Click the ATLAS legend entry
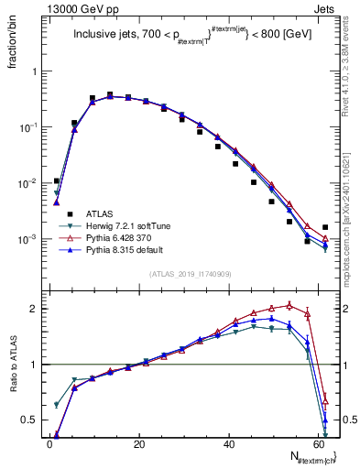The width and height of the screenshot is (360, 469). coord(101,213)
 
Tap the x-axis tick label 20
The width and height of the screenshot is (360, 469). coord(138,444)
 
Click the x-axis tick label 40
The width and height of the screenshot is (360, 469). coord(227,444)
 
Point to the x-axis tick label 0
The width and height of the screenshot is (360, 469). coord(49,444)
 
